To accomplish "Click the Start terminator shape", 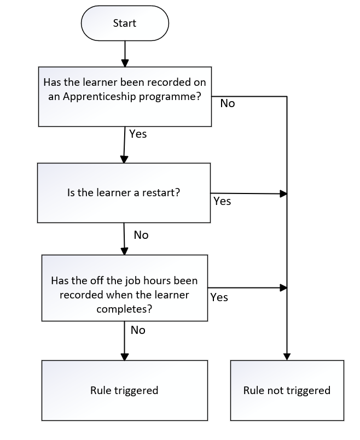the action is pyautogui.click(x=125, y=23).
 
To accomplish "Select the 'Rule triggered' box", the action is pyautogui.click(x=125, y=390).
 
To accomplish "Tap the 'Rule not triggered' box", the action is pyautogui.click(x=287, y=390).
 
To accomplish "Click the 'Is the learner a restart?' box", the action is pyautogui.click(x=124, y=193).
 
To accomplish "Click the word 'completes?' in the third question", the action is pyautogui.click(x=124, y=309).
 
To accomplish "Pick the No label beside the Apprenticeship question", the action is pyautogui.click(x=228, y=103).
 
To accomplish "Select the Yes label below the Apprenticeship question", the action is pyautogui.click(x=138, y=134).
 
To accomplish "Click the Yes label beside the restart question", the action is pyautogui.click(x=222, y=201).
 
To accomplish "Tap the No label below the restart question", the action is pyautogui.click(x=141, y=235).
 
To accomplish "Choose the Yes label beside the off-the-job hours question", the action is pyautogui.click(x=219, y=297).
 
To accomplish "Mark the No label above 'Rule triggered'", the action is pyautogui.click(x=138, y=330).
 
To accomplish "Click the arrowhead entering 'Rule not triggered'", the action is pyautogui.click(x=287, y=357).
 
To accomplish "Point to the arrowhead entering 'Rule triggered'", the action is pyautogui.click(x=124, y=357).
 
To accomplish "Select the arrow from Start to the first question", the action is pyautogui.click(x=125, y=54).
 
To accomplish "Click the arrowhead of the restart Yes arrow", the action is pyautogui.click(x=283, y=193).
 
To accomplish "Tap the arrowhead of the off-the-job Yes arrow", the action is pyautogui.click(x=283, y=288).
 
